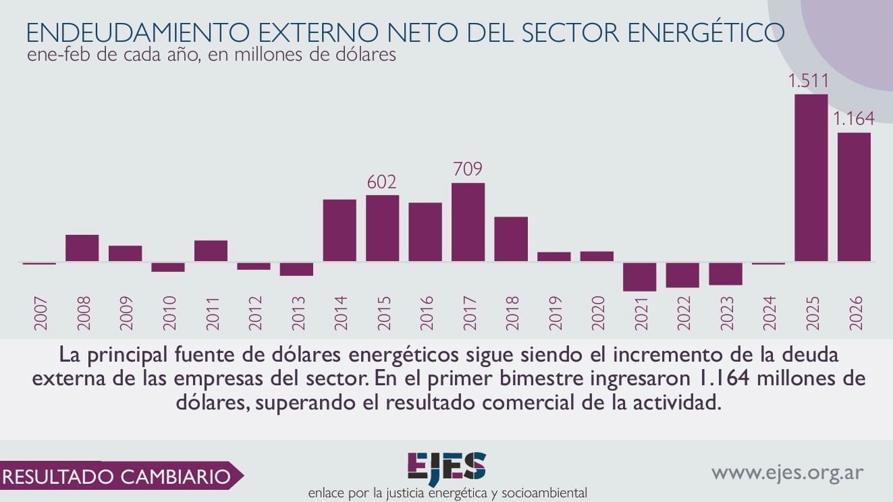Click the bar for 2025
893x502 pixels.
tap(811, 177)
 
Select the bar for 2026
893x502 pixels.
tap(854, 196)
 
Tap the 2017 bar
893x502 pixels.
tap(468, 222)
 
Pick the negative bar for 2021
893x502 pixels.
tap(639, 277)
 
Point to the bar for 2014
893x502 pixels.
tap(340, 230)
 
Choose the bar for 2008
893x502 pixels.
tap(82, 248)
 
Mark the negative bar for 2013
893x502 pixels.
tap(296, 269)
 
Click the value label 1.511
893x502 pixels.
tap(809, 82)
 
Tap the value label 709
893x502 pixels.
tap(468, 169)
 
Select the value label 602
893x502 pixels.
tap(381, 182)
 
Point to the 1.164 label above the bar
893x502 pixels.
tap(853, 119)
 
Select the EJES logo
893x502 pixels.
tap(446, 466)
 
